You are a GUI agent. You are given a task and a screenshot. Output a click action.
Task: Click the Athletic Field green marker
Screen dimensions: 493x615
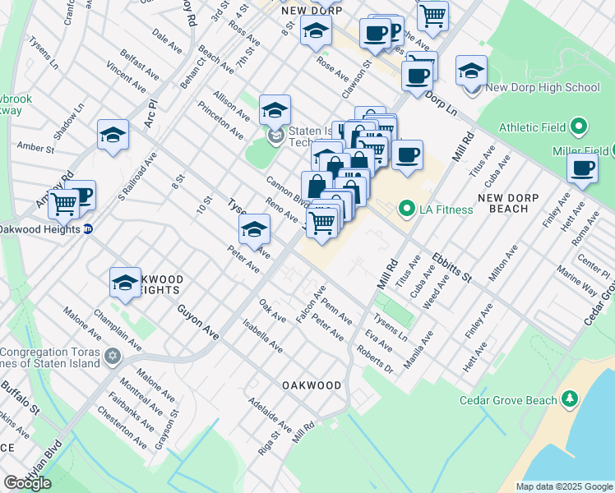coord(579,127)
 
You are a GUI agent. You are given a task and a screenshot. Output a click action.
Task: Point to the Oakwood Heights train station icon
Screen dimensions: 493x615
coord(87,228)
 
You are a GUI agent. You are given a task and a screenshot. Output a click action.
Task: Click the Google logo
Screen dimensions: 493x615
coord(27,483)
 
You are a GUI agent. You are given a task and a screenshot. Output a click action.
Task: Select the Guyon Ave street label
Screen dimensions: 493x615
coord(198,321)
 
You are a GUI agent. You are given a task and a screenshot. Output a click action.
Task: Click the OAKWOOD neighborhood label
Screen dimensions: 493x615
coord(311,385)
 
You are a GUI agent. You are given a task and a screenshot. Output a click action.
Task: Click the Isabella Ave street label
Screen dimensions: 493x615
coord(262,336)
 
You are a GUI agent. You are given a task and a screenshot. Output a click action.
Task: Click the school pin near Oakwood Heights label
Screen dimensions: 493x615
coord(125,283)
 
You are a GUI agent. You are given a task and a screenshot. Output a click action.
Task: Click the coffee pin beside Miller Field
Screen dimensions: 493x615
coord(582,168)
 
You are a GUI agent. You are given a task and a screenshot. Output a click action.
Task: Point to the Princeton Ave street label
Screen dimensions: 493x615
coord(220,119)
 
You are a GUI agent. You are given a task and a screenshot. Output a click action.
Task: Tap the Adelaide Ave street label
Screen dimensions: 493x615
coord(271,417)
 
